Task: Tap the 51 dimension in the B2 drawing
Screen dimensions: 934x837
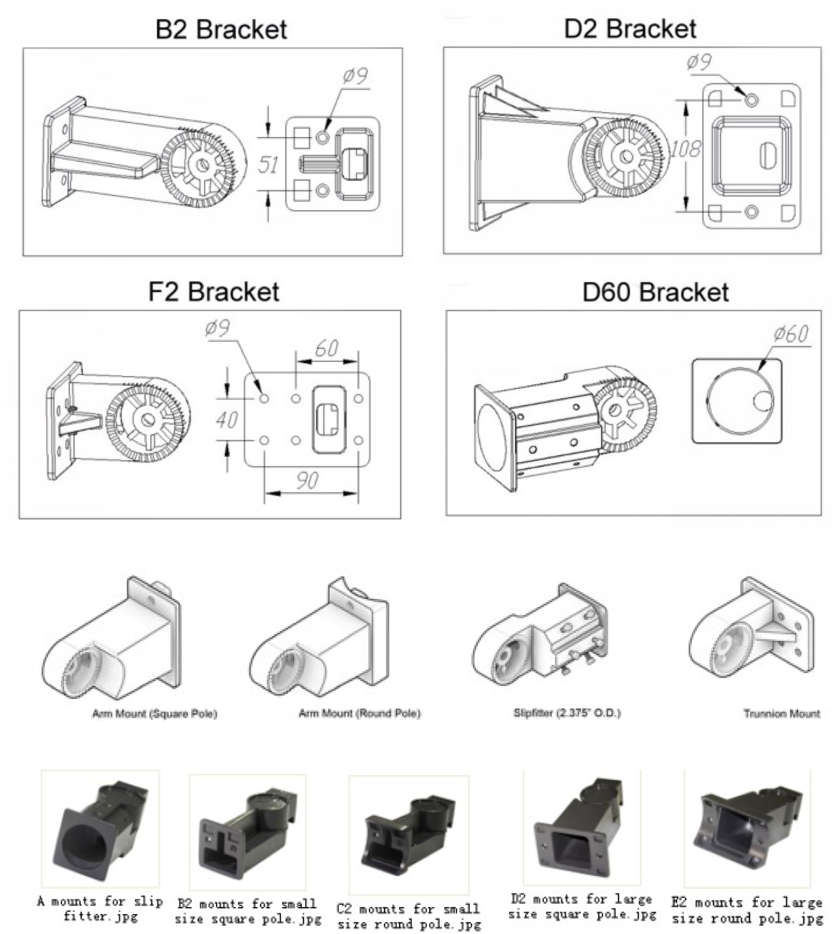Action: [x=268, y=164]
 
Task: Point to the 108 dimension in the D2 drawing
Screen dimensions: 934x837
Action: [x=685, y=148]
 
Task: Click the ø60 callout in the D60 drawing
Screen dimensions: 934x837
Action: [x=791, y=334]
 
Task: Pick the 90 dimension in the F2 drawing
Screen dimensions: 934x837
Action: [x=307, y=481]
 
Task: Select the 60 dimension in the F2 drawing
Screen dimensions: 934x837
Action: [x=327, y=348]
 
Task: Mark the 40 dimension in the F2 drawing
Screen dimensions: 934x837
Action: [x=227, y=419]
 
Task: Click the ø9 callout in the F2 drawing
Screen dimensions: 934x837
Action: [x=217, y=328]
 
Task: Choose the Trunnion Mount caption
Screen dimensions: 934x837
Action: [x=781, y=714]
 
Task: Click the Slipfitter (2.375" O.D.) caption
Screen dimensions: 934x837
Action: [x=567, y=713]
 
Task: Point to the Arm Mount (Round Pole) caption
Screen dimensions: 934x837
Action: [x=360, y=713]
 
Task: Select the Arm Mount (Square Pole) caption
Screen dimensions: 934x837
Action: [x=154, y=714]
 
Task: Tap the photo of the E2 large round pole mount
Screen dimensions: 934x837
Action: [x=748, y=828]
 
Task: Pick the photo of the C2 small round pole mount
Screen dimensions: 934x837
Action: [x=409, y=830]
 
